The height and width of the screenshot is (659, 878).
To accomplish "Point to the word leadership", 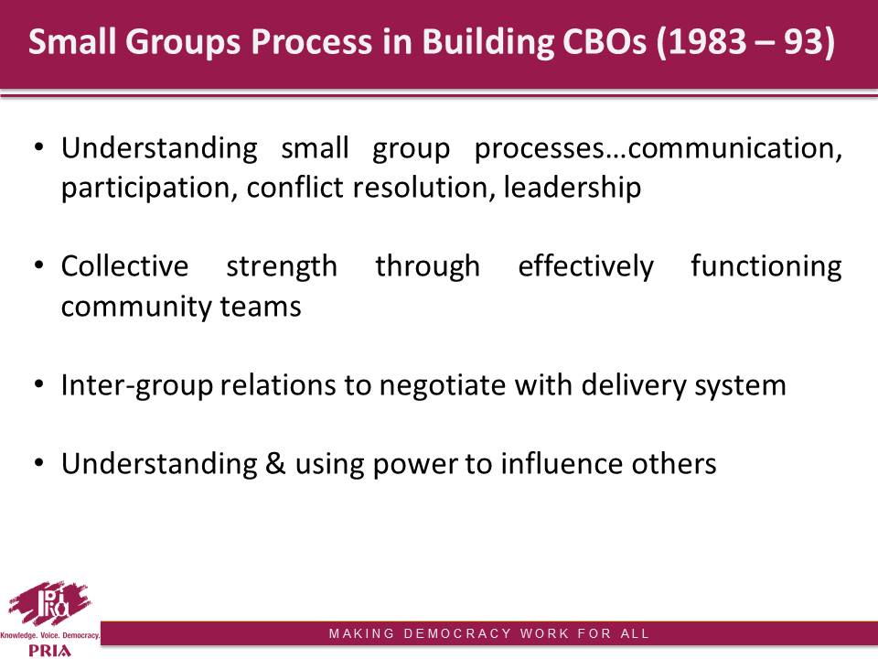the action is point(573,187).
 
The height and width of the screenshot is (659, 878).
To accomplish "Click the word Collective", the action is point(125,266).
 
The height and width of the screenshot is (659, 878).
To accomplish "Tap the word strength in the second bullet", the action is point(282,266).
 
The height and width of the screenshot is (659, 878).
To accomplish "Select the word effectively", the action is point(585,266).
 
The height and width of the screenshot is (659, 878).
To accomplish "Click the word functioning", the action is point(766,266).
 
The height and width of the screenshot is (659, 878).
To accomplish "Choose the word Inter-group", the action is point(137,386).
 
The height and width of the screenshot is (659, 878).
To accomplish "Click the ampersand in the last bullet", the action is point(275,464).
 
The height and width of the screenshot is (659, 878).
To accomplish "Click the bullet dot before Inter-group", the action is point(38,384).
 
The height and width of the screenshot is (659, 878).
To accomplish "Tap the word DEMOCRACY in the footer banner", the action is point(457,633).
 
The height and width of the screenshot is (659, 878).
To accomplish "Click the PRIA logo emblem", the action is point(49,603).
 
